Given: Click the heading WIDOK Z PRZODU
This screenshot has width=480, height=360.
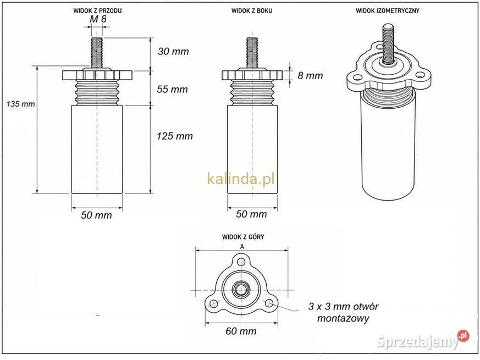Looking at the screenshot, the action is (x=97, y=10).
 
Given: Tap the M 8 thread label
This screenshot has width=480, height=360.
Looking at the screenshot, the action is (x=98, y=19).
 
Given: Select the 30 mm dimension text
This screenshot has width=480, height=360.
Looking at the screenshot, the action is (x=173, y=51).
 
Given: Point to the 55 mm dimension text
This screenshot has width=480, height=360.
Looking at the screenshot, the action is (x=172, y=89).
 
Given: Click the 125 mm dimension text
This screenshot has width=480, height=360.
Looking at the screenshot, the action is (x=174, y=136).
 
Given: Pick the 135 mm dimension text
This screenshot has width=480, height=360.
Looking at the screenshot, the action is (x=20, y=104).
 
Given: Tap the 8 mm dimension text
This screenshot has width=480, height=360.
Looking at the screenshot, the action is (x=310, y=75).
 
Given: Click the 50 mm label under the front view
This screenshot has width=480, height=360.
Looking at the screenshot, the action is (x=96, y=215).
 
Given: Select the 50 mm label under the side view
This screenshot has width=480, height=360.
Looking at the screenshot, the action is (x=251, y=214).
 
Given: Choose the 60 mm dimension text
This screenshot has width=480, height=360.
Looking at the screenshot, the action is (x=241, y=331).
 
